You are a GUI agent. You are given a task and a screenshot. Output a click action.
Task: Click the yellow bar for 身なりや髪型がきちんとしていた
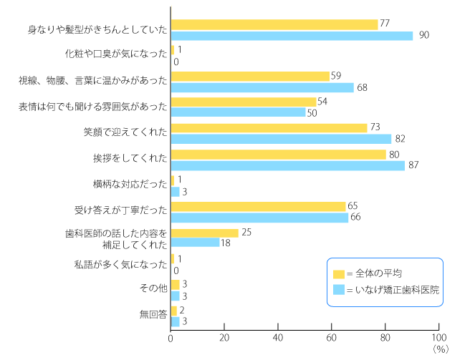[x=274, y=24]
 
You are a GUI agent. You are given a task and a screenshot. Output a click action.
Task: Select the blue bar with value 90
[x=292, y=35]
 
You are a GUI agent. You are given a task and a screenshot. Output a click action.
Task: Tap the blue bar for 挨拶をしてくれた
[x=288, y=165]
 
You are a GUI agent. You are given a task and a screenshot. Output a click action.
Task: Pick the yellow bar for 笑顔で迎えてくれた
[x=269, y=127]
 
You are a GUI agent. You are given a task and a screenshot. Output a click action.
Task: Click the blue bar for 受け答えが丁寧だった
[x=259, y=218]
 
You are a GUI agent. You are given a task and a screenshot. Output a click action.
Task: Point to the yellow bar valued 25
[x=205, y=233]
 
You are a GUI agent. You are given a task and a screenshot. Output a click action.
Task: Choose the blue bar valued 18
[x=195, y=243]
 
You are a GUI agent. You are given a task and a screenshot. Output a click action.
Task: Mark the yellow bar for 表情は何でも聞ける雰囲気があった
[x=244, y=102]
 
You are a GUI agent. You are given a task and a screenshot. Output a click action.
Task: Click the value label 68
[x=363, y=87]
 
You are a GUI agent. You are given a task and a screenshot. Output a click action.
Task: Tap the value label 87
[x=413, y=165]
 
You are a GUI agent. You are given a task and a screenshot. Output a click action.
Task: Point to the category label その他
[x=153, y=289]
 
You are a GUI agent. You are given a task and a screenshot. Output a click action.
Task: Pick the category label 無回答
[x=153, y=316]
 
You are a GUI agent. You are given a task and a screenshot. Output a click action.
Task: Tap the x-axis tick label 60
[x=332, y=338]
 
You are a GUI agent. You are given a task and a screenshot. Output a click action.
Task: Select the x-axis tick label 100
[x=438, y=338]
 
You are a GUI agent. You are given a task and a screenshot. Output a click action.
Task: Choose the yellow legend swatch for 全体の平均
[x=339, y=273]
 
